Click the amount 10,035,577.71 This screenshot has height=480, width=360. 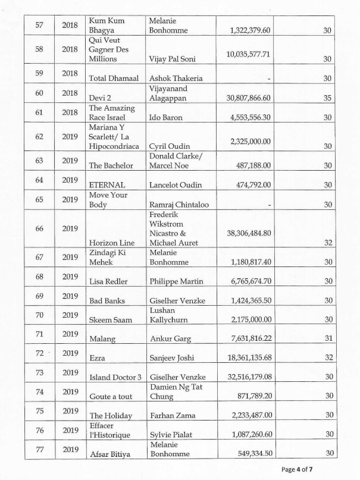pyautogui.click(x=248, y=54)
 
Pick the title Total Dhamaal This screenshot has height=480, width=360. pyautogui.click(x=112, y=79)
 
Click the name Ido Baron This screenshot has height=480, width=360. pyautogui.click(x=166, y=118)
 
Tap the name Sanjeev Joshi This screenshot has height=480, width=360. pyautogui.click(x=174, y=359)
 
